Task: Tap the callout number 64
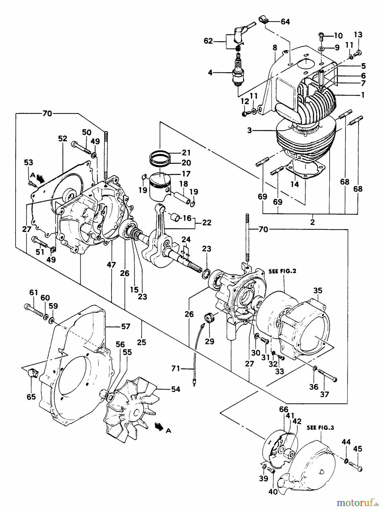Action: pos(285,22)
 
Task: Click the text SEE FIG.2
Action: pos(282,271)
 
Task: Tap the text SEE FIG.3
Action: pos(320,428)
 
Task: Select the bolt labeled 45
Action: pos(355,466)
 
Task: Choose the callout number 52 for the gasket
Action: pos(63,139)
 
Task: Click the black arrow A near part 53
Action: pos(41,178)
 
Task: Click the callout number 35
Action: pos(318,290)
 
